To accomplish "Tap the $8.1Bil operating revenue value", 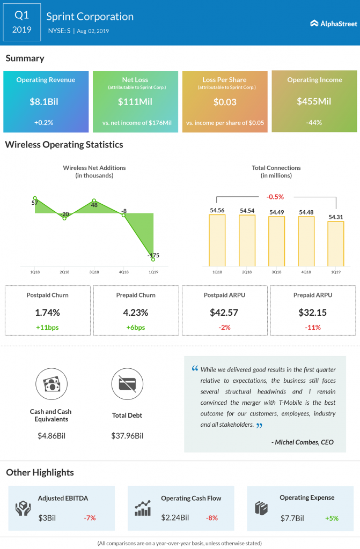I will [x=46, y=101].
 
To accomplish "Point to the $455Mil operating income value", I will [x=314, y=101].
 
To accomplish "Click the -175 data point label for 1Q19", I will [x=153, y=255].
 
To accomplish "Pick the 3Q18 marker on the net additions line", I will [x=94, y=200].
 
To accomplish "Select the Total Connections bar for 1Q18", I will [x=217, y=240].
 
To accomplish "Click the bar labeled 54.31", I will [x=336, y=243].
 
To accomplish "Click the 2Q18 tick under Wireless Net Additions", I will [x=64, y=272].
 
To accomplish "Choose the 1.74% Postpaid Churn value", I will [x=47, y=313].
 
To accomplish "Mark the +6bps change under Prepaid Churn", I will [x=136, y=327].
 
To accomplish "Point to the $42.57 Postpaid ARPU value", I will [x=225, y=313].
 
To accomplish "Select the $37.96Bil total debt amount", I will [x=127, y=436].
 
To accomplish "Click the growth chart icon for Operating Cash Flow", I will [x=143, y=508].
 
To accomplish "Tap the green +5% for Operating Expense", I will [x=332, y=518].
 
